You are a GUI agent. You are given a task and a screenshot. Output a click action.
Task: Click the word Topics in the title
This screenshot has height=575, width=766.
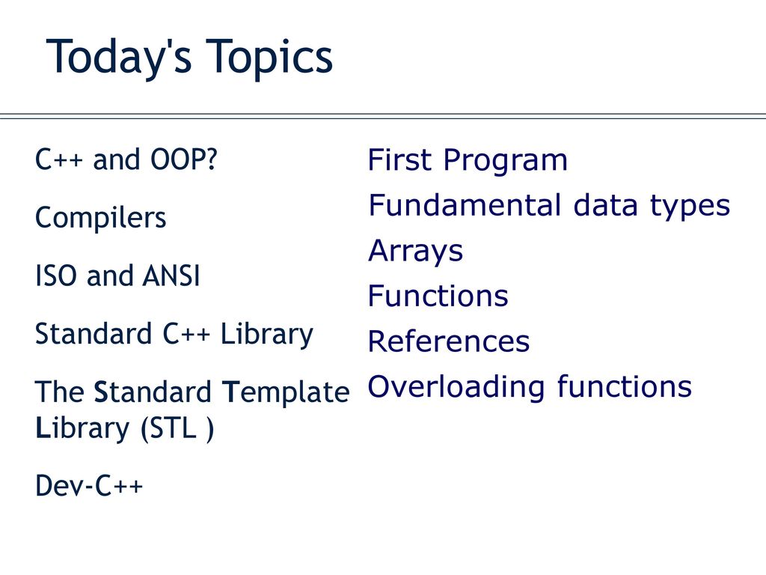point(269,58)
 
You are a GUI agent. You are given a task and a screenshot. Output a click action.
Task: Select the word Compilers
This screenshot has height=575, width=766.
point(101,218)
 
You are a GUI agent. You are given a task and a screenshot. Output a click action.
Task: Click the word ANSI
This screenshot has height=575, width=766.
point(171,276)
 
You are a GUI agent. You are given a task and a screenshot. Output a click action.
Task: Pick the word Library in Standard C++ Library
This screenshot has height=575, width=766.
point(267,335)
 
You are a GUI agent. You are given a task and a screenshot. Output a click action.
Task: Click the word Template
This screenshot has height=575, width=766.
point(286,392)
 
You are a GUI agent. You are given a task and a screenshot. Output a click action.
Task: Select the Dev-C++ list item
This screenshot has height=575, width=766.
point(89,485)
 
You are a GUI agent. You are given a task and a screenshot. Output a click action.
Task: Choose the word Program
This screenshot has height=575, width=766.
point(506,161)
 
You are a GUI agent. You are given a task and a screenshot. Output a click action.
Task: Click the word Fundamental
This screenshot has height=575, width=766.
point(465,205)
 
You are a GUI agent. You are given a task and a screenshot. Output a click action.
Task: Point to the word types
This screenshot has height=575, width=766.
point(690,207)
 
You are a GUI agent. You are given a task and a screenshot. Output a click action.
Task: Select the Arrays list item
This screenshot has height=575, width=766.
point(415,252)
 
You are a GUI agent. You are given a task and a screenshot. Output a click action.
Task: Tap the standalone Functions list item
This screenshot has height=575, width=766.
point(438,296)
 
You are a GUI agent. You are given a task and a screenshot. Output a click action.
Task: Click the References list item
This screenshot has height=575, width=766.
point(449,341)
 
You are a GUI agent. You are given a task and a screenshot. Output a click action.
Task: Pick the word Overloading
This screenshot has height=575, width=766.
point(456,388)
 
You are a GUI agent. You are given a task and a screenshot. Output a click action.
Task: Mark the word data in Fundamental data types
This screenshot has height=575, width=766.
point(605,205)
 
